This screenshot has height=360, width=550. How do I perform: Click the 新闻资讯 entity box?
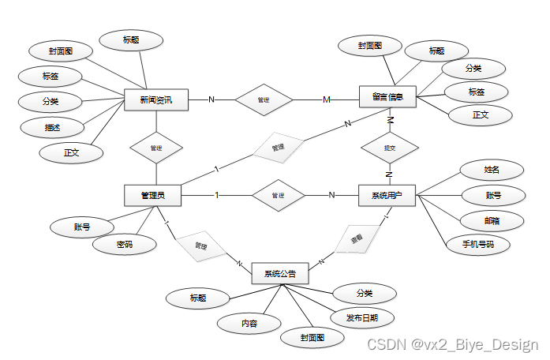coord(156,100)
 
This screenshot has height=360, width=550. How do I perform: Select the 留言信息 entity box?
coord(387,98)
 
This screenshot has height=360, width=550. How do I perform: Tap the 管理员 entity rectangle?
coord(153,195)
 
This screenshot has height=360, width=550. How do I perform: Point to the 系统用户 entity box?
coord(387,195)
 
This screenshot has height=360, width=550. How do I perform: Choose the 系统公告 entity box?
coord(280,274)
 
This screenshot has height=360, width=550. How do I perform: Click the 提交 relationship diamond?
coord(389,148)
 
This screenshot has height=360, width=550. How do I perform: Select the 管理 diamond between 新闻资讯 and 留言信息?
coord(264,100)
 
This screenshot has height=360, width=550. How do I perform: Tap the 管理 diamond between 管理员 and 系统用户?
coord(277,195)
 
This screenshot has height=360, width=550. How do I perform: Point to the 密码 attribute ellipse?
coord(124,246)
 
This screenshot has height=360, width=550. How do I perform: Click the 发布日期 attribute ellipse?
coord(361,318)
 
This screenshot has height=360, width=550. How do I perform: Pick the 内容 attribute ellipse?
coord(249,322)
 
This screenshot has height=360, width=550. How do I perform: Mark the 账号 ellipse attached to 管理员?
coord(82,227)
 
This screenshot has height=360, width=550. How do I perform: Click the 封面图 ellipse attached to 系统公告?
coord(312,337)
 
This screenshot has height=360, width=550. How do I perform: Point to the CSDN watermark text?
coord(452,345)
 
